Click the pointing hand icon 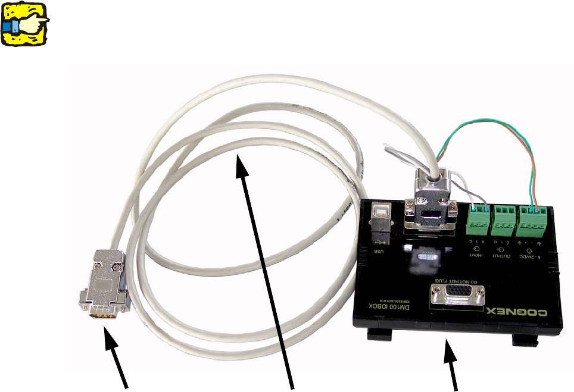click(25, 23)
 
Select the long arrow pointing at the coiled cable click(268, 268)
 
